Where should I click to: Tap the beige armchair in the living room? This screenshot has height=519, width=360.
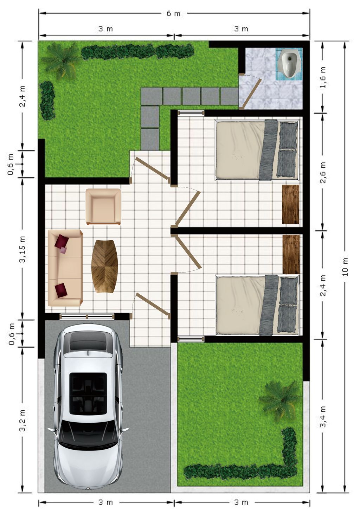pos(103,206)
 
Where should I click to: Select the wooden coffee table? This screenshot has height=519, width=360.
pos(104,266)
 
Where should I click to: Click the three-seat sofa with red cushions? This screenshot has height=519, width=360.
pos(65,268)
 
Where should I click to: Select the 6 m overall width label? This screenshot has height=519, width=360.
pos(173,13)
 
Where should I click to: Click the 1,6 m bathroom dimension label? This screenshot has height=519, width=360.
pos(323,77)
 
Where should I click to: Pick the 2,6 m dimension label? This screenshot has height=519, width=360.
pos(323,172)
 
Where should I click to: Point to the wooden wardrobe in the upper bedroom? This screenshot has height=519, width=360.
pos(290,204)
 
